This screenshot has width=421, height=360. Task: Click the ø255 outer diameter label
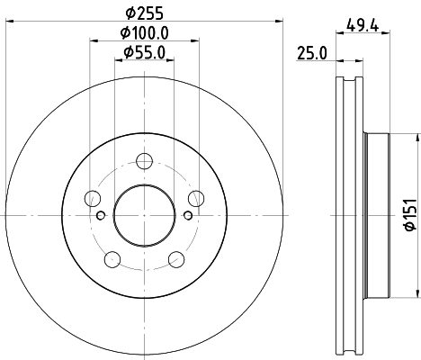pyautogui.click(x=143, y=13)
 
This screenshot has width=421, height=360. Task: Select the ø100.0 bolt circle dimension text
pyautogui.click(x=143, y=34)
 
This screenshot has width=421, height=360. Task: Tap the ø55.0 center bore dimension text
pyautogui.click(x=143, y=53)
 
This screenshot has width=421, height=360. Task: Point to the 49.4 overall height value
pyautogui.click(x=361, y=27)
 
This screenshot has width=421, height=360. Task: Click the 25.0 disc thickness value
pyautogui.click(x=311, y=53)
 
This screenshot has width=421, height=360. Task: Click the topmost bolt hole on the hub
pyautogui.click(x=144, y=162)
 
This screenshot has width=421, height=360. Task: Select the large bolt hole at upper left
pyautogui.click(x=92, y=199)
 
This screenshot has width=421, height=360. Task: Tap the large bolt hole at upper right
pyautogui.click(x=195, y=199)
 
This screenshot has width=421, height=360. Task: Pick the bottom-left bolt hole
pyautogui.click(x=112, y=260)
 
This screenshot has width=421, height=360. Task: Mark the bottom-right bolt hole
pyautogui.click(x=175, y=260)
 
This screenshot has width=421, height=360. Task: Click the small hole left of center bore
pyautogui.click(x=100, y=214)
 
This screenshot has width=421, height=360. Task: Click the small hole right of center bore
pyautogui.click(x=187, y=214)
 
